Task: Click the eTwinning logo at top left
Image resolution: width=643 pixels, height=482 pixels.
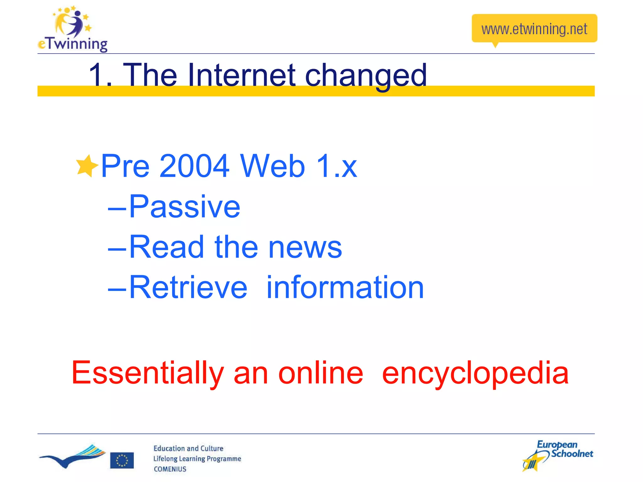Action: [73, 29]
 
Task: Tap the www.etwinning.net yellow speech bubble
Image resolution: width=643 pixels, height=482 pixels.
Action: [534, 29]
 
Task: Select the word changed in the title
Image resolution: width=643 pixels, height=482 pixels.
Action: [366, 76]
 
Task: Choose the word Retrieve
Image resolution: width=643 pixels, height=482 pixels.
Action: [188, 287]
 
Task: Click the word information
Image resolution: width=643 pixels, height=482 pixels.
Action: [345, 287]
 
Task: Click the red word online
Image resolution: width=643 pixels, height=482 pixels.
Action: [321, 372]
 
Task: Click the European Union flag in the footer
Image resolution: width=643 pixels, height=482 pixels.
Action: [122, 460]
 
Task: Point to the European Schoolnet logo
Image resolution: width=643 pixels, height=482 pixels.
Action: [558, 455]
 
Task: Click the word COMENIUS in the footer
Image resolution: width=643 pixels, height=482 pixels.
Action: [170, 469]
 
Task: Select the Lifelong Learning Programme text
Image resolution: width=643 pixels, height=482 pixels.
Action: [197, 459]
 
